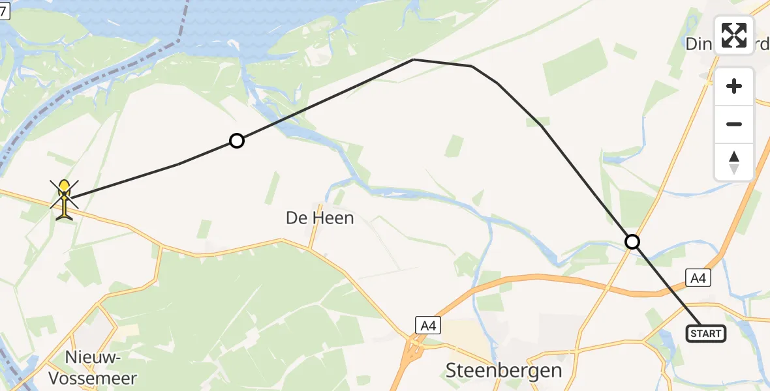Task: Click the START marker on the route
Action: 705,334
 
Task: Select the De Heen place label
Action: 320,218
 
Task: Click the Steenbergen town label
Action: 504,371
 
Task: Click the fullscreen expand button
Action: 734,35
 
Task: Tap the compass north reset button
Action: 734,162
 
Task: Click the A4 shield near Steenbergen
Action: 428,325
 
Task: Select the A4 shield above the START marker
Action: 698,278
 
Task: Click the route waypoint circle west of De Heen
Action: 237,141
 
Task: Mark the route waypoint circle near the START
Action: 632,242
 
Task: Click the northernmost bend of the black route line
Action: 414,59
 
